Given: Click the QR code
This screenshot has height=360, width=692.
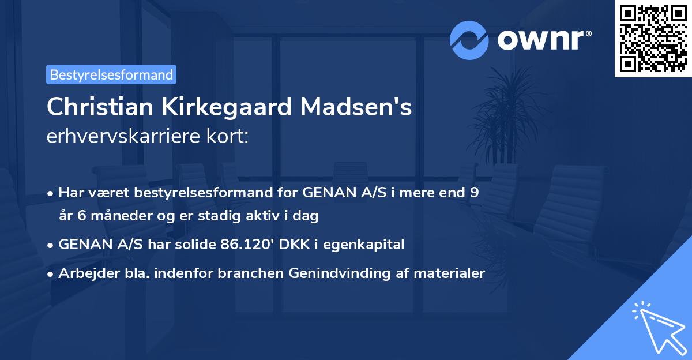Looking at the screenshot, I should (x=653, y=39).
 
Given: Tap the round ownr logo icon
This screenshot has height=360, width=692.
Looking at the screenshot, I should (x=469, y=40).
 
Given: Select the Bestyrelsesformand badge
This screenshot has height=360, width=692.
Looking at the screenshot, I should (x=111, y=74).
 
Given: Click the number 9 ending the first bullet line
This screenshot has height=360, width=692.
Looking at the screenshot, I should (x=474, y=193).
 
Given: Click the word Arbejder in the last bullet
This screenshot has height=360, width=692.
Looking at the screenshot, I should (x=84, y=273).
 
